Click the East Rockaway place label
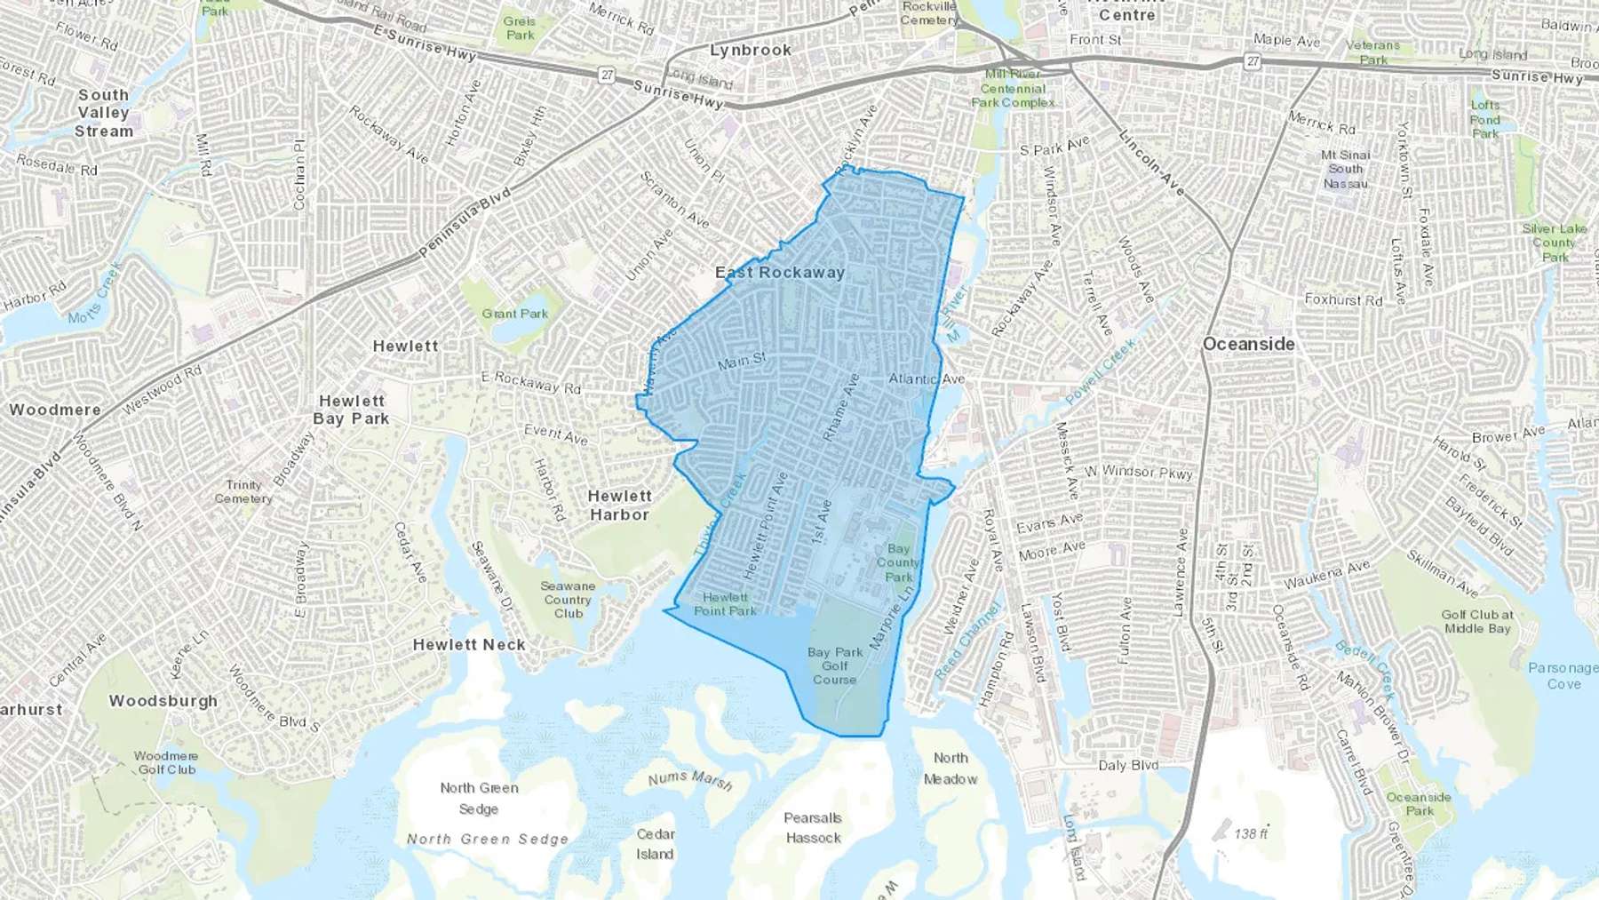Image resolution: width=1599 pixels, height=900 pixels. click(x=780, y=273)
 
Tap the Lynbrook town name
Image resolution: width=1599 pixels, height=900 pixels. click(x=750, y=51)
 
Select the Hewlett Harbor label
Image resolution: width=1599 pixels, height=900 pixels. click(x=619, y=505)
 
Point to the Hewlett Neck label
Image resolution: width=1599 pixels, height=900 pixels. click(x=469, y=645)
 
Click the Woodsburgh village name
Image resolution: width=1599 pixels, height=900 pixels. click(x=163, y=701)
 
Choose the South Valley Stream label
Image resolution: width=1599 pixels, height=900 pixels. click(x=104, y=113)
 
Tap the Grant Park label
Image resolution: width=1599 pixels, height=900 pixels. click(x=515, y=314)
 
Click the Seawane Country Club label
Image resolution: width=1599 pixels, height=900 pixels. click(x=569, y=600)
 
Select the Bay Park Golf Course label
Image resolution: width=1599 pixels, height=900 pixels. click(x=835, y=665)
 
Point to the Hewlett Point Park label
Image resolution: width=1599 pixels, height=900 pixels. click(x=725, y=604)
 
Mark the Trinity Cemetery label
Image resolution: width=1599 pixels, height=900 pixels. click(x=243, y=491)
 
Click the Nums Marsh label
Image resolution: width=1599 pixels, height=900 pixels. click(x=690, y=780)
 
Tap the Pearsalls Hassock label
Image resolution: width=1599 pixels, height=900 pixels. click(x=813, y=827)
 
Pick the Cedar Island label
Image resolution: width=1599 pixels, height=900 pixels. click(x=656, y=844)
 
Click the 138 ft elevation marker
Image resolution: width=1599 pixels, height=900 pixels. click(x=1251, y=833)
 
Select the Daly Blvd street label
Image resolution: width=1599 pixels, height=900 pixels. click(x=1128, y=765)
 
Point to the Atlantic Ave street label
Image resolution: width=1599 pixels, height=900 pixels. click(x=927, y=378)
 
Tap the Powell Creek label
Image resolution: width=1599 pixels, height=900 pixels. click(x=1101, y=371)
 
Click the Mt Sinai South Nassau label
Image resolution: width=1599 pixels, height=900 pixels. click(x=1346, y=169)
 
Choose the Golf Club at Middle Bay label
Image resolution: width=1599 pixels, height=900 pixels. click(x=1477, y=621)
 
